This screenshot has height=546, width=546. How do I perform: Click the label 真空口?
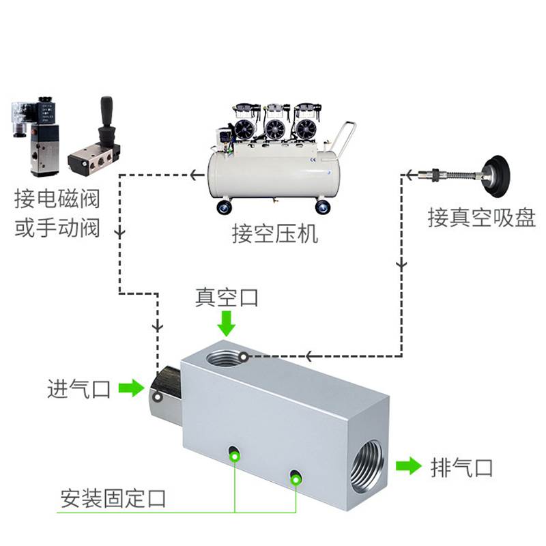click(227, 298)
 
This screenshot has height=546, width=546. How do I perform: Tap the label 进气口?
click(78, 389)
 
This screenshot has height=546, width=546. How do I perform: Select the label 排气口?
click(461, 468)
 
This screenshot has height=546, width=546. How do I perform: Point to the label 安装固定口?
click(113, 498)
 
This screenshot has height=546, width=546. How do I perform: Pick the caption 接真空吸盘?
click(481, 218)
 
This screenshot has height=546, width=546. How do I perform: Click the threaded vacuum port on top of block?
click(225, 357)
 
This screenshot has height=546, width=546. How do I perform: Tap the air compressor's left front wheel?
click(223, 205)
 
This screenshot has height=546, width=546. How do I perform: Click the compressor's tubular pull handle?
click(345, 136)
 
